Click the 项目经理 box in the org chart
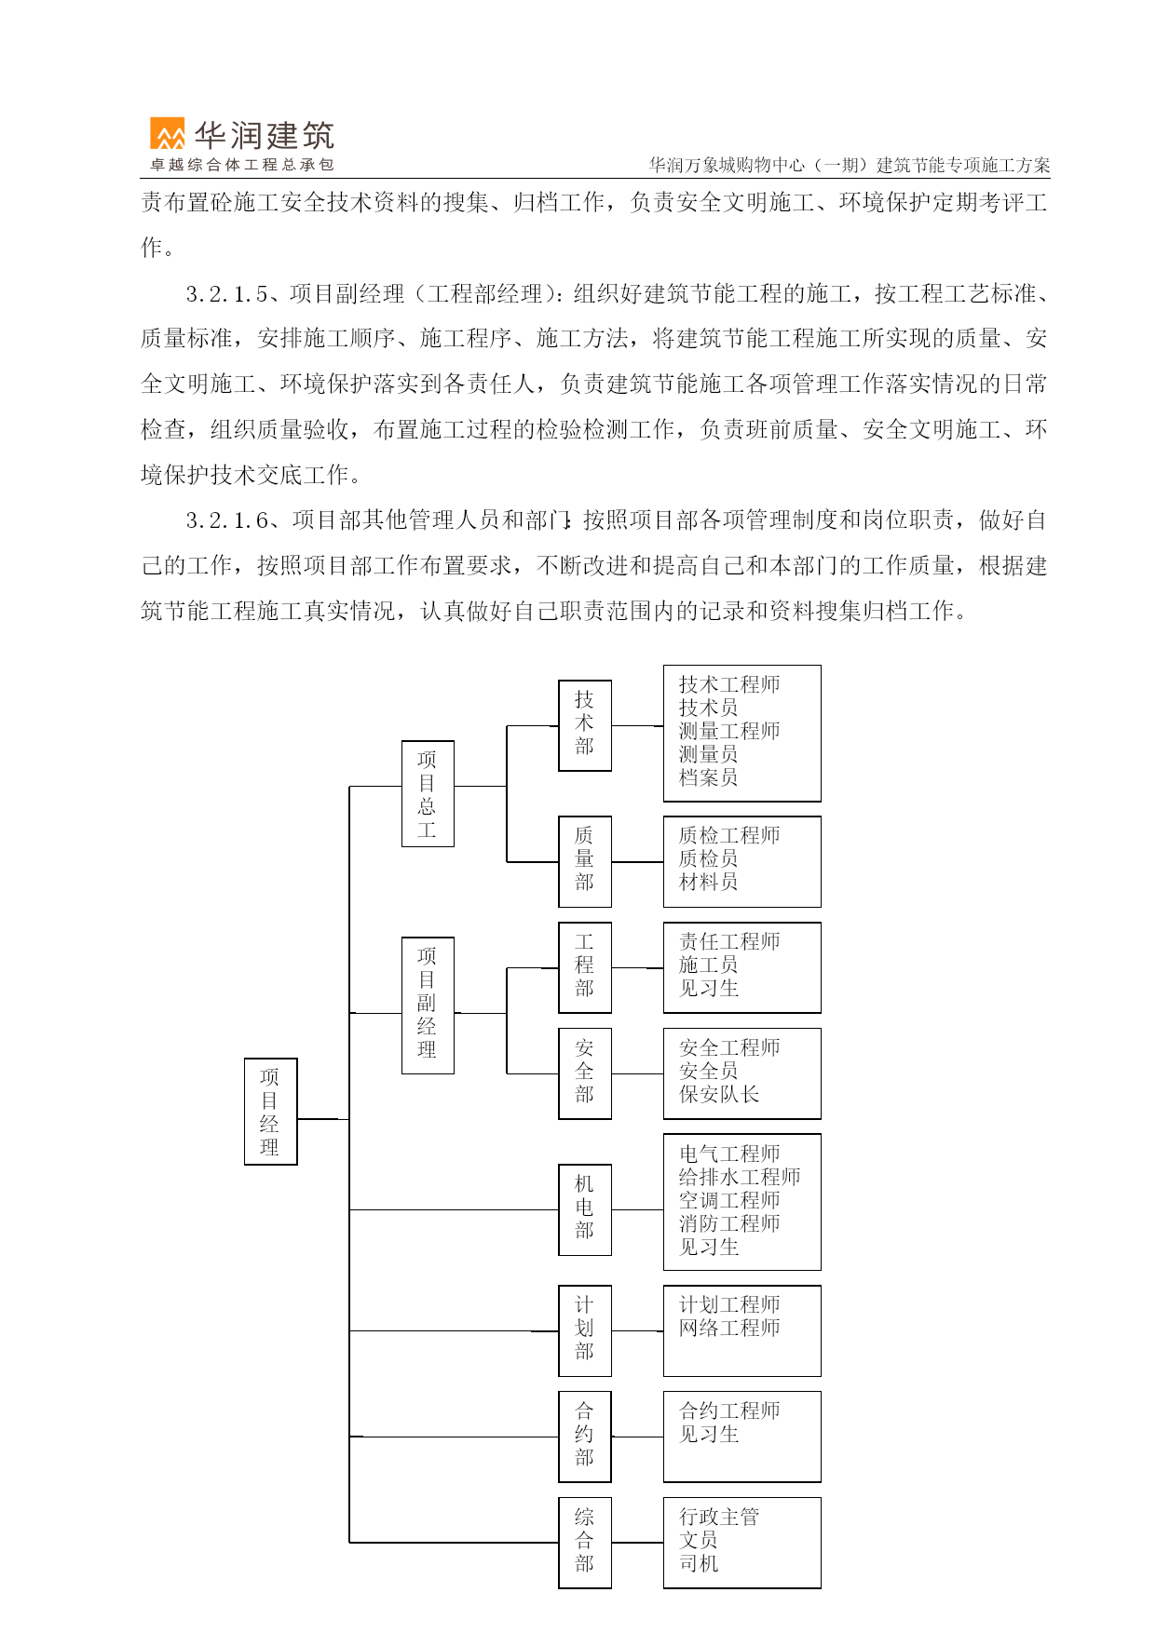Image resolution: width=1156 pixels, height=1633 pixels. click(x=270, y=1111)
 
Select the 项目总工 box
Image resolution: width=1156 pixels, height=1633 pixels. click(x=428, y=793)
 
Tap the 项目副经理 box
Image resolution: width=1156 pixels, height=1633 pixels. click(x=428, y=1005)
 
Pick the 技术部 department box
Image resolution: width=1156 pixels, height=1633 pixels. click(x=585, y=725)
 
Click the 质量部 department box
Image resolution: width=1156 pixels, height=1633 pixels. click(x=585, y=861)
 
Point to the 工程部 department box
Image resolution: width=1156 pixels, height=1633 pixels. click(x=585, y=967)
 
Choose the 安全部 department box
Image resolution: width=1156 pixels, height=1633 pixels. click(x=585, y=1073)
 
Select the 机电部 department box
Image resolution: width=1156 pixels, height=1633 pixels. click(x=585, y=1209)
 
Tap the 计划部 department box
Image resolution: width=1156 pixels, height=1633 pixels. click(x=585, y=1330)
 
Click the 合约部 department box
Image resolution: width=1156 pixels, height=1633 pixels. click(x=585, y=1437)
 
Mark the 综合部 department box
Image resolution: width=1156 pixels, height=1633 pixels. click(x=585, y=1543)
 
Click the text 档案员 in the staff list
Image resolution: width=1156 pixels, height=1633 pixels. click(x=708, y=777)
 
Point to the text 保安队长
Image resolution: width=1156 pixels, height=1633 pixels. click(x=719, y=1094)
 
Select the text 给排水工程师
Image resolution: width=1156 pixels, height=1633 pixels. click(x=740, y=1177)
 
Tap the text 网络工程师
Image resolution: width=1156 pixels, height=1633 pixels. click(x=729, y=1328)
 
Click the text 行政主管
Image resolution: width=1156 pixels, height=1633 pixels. click(x=719, y=1517)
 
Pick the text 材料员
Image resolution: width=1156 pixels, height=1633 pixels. click(x=708, y=882)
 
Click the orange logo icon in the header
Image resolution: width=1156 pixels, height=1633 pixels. click(x=168, y=134)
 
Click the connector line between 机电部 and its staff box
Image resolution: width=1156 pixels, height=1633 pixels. click(x=637, y=1209)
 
